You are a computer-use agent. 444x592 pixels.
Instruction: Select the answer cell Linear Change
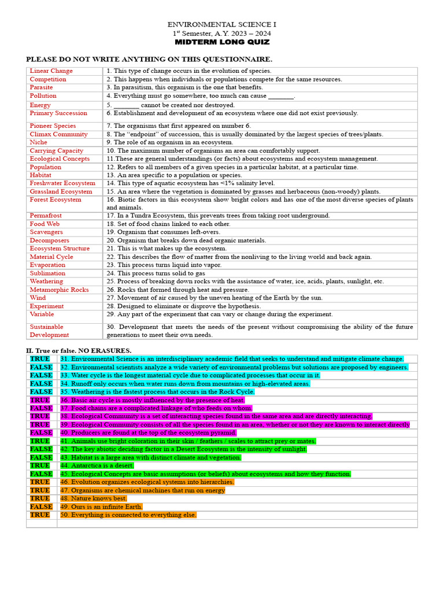coord(51,71)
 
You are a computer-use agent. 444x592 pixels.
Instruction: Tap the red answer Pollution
coord(43,96)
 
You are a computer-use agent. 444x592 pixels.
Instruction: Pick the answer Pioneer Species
coord(53,125)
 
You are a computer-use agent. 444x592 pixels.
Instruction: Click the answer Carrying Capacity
coord(57,150)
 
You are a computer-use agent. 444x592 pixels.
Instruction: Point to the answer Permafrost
coord(46,216)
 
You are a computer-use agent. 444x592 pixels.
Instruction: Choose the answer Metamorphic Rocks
coord(59,290)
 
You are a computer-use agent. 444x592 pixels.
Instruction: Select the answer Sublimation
coord(47,273)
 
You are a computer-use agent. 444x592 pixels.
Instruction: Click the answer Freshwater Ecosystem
coord(62,183)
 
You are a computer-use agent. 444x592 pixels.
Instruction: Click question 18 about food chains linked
coord(168,224)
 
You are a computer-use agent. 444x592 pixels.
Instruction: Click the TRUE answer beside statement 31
coord(40,359)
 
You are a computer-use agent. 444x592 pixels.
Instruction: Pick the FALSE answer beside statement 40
coord(41,432)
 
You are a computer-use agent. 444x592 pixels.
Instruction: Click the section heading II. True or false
coord(79,350)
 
